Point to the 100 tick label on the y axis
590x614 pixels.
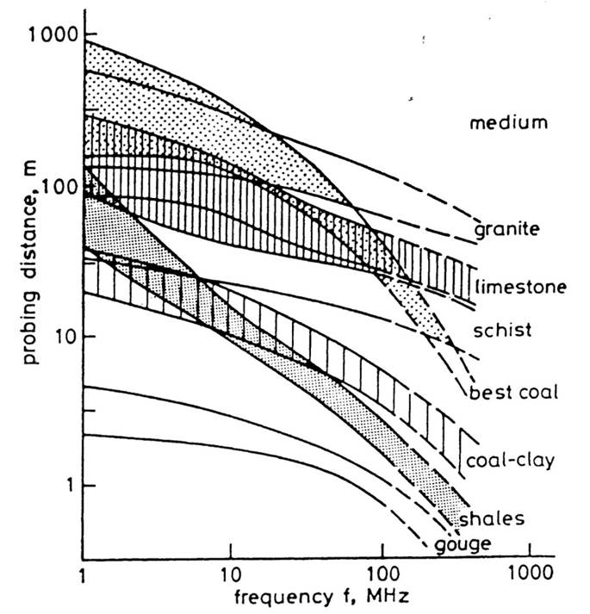coord(58,185)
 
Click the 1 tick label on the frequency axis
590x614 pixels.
coord(84,574)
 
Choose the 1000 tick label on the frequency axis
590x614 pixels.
coord(528,574)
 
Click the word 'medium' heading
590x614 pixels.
coord(508,124)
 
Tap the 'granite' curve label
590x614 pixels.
coord(506,231)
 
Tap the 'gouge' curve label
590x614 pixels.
coord(462,544)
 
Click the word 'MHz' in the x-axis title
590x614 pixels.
coord(379,597)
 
